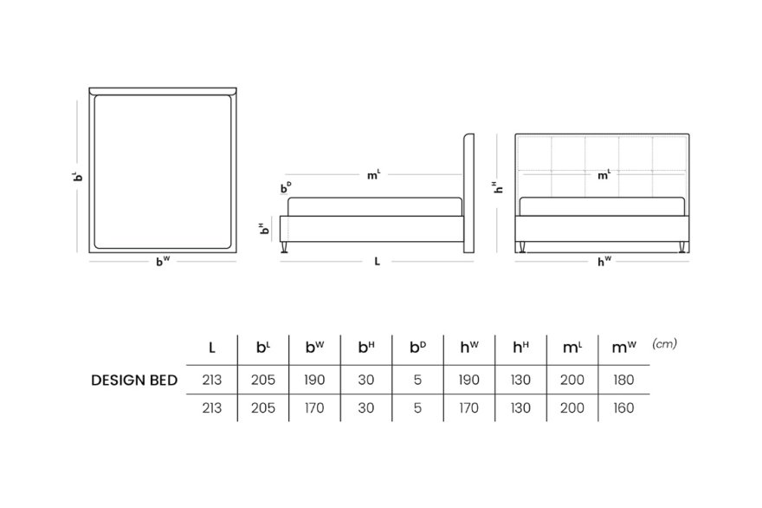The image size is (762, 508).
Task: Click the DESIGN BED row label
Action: [x=134, y=380]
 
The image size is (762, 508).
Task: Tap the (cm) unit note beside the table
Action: [x=664, y=343]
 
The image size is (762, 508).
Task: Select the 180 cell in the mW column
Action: [x=623, y=380]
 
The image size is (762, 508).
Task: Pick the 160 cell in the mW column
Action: [x=623, y=407]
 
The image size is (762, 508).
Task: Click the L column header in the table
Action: [x=212, y=348]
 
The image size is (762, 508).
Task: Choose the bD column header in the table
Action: [x=418, y=347]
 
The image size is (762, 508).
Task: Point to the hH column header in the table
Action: [x=521, y=347]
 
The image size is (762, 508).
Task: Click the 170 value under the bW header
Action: [x=314, y=407]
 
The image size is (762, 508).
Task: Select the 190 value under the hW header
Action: [x=469, y=380]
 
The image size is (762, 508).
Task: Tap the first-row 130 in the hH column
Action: [x=520, y=380]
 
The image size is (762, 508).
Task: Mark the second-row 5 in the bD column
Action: [x=417, y=407]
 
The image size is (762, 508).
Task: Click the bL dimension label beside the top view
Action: [x=78, y=176]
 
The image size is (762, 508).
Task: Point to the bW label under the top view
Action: [x=163, y=261]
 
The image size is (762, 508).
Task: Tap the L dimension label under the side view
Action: [x=378, y=261]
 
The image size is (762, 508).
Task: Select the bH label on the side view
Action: [x=264, y=228]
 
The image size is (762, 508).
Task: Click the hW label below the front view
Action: [x=604, y=262]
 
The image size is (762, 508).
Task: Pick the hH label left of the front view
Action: [x=498, y=187]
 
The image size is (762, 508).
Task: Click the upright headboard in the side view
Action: [x=468, y=193]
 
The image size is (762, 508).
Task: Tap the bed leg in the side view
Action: [x=285, y=248]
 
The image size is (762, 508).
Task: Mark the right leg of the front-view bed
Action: [x=681, y=248]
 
